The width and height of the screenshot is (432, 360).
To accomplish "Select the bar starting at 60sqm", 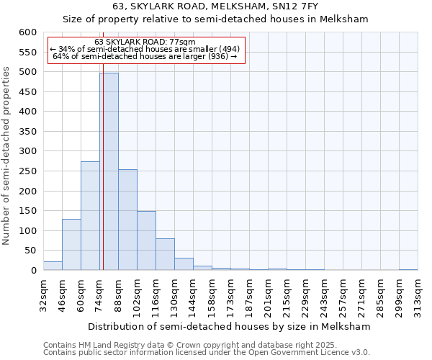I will (x=90, y=216).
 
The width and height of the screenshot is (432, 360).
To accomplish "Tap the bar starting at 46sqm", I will (x=71, y=245).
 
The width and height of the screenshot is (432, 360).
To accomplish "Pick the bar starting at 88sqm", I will (x=127, y=220).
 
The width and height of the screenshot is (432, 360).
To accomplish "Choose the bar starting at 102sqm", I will (x=146, y=240).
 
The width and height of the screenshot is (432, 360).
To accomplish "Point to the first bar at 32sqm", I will (x=53, y=266).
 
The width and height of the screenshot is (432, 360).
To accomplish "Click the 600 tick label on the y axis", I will (x=27, y=32).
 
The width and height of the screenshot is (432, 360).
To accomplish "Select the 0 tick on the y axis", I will (x=33, y=271).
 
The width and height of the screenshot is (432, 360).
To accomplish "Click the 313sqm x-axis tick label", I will (x=418, y=295).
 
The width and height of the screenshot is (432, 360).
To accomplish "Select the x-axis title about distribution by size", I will (x=230, y=327).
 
